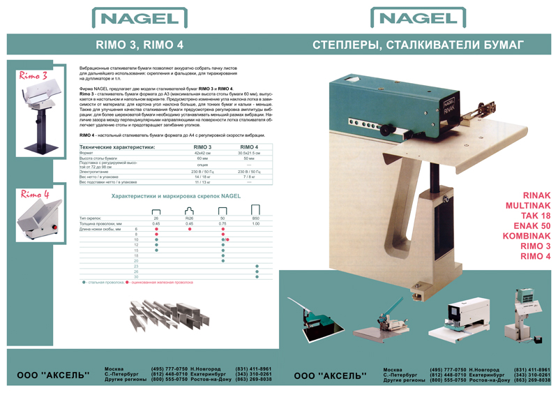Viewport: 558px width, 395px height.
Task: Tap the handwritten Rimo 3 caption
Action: (33, 75)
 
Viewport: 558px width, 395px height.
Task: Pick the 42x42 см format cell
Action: (203, 153)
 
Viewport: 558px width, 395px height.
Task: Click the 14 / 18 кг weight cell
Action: (203, 177)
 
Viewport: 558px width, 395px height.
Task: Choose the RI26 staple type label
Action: (189, 218)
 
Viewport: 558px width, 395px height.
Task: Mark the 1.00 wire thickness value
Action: (256, 223)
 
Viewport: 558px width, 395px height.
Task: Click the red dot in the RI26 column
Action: (190, 229)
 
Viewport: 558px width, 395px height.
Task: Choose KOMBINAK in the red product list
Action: (525, 237)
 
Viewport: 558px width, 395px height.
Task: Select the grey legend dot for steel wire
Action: (84, 283)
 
